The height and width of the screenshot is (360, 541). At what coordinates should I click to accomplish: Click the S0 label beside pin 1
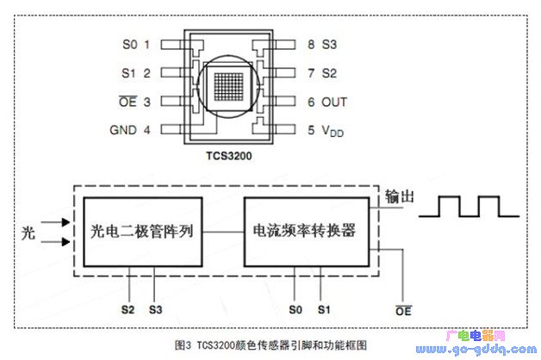130,45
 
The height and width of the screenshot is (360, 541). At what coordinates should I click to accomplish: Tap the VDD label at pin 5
333,131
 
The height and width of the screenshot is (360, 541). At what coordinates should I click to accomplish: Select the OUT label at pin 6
334,102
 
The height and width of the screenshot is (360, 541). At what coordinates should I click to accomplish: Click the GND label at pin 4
123,130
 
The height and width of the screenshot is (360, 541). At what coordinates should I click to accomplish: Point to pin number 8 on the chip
311,45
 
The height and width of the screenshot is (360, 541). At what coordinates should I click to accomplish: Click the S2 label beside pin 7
329,73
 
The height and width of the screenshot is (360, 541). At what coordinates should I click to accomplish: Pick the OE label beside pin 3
128,102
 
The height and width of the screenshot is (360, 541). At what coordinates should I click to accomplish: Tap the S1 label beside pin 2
128,73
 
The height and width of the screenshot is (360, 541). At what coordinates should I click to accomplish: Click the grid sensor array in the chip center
228,86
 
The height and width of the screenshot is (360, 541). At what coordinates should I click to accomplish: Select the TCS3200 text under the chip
229,156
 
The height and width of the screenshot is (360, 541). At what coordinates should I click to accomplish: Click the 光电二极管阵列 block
143,232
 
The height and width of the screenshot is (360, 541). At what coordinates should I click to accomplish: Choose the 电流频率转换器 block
307,232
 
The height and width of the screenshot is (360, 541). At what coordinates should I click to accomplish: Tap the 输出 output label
399,196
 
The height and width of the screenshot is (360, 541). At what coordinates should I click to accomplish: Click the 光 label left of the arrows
28,233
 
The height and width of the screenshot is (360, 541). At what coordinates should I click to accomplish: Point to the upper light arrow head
65,222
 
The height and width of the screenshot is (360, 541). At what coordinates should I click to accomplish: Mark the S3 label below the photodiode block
156,310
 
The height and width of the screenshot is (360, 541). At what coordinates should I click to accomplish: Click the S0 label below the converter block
295,310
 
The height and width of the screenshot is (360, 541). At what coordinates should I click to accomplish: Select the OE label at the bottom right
403,311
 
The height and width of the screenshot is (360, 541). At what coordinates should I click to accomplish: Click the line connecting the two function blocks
223,232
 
